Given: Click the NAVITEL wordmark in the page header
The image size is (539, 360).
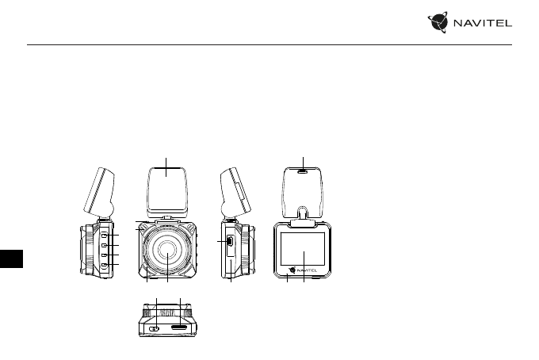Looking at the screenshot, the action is click(x=483, y=23).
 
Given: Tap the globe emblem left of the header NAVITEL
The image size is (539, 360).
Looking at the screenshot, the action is click(x=438, y=22).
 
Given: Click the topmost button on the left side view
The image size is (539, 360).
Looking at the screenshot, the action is click(x=105, y=236).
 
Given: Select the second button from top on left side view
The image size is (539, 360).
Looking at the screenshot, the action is click(x=105, y=245).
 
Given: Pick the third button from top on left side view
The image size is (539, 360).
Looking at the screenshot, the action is click(x=105, y=255).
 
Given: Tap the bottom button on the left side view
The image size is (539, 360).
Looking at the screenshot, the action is click(x=105, y=265).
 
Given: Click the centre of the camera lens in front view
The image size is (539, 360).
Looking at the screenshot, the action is click(x=168, y=250).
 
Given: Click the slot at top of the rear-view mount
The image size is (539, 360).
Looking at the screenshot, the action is click(x=303, y=170).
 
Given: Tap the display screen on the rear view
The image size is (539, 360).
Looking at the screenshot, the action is click(x=303, y=249).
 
